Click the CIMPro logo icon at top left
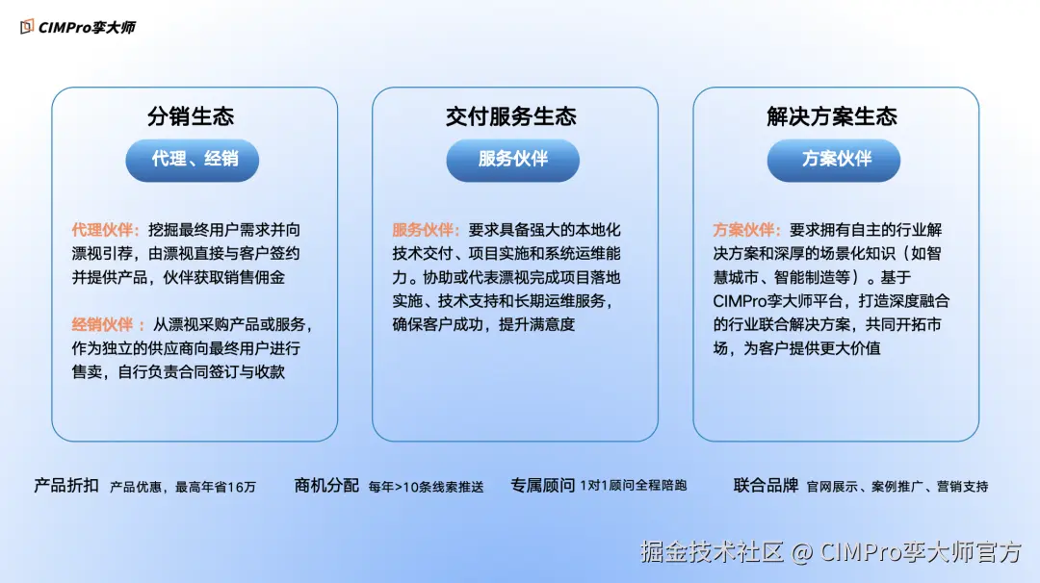[x=27, y=26]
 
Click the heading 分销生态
[x=191, y=117]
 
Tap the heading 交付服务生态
[x=511, y=117]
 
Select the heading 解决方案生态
[x=832, y=117]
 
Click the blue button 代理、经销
[x=193, y=160]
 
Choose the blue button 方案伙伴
[x=834, y=160]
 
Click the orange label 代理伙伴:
[x=106, y=230]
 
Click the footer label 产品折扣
[x=66, y=486]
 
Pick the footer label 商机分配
[x=326, y=486]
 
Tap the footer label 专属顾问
[x=543, y=486]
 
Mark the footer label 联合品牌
[x=766, y=486]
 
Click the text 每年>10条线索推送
[x=426, y=487]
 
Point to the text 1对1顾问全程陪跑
[x=634, y=487]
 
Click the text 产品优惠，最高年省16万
[x=183, y=487]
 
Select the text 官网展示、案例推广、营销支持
[x=897, y=487]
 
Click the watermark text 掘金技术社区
[x=713, y=551]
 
